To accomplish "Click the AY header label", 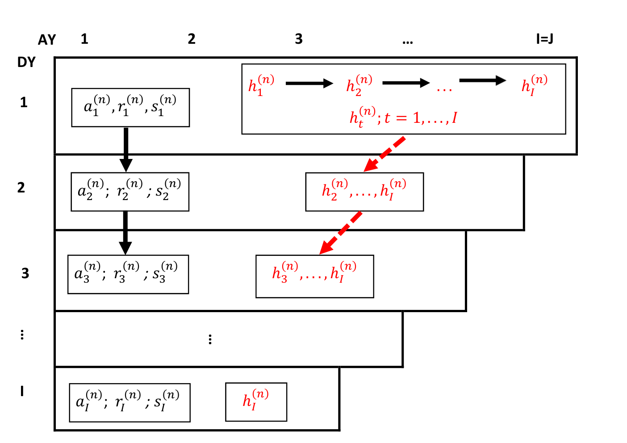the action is tap(47, 39).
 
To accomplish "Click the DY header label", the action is tap(26, 62).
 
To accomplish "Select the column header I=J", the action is tap(544, 38).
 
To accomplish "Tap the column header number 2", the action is tap(192, 38).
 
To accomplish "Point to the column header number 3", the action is tap(299, 38).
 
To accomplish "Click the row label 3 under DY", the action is tap(25, 273).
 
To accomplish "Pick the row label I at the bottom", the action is tap(22, 391).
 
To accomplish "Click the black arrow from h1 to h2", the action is tap(309, 84).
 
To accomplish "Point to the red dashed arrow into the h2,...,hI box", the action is tap(384, 154).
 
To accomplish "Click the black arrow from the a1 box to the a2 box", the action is tap(126, 150).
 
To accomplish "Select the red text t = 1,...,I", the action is tap(421, 118).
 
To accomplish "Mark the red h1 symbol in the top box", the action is tap(261, 85).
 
